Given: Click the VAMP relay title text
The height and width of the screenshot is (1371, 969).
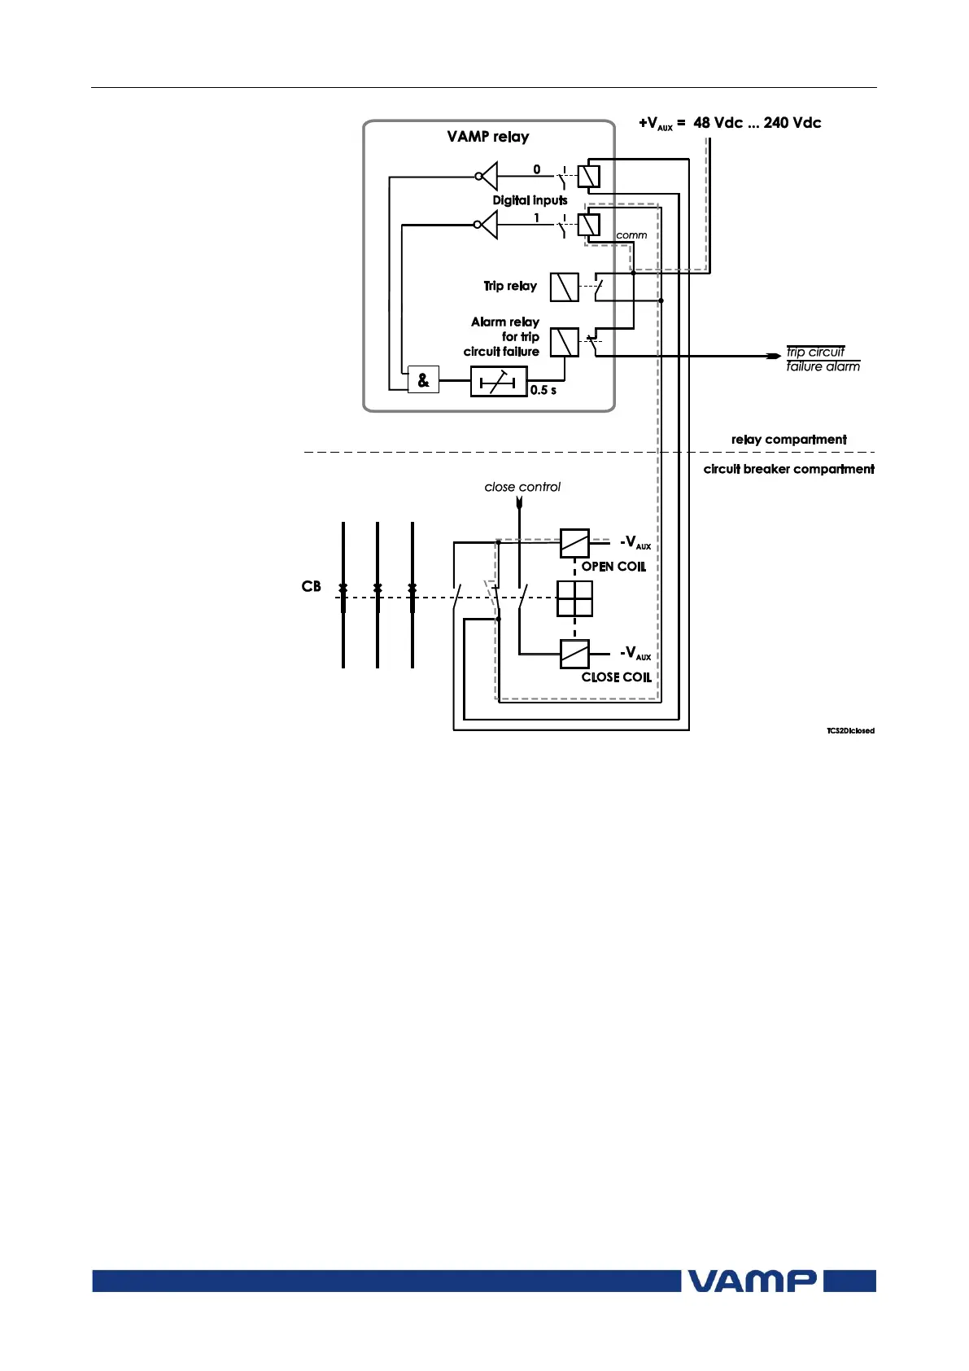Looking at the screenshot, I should (488, 137).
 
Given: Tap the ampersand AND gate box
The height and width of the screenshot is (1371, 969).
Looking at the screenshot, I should (423, 380).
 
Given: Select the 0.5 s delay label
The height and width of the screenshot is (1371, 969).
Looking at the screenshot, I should (543, 391).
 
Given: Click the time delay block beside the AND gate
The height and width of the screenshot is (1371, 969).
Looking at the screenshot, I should (498, 381).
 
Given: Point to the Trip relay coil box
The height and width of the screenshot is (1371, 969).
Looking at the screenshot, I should (565, 287).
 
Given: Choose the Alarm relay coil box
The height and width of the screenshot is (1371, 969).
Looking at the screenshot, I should (565, 342).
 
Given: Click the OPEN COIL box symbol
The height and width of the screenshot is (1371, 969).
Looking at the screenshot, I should (574, 543).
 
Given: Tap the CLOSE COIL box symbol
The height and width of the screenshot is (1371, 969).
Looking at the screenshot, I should (574, 654).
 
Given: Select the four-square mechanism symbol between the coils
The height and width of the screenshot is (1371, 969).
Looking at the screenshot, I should (574, 599).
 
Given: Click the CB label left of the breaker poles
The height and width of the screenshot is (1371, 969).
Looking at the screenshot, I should (312, 587).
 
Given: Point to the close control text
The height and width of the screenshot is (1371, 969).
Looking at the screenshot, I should (522, 488).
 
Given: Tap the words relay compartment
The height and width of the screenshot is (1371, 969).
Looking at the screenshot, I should (788, 440).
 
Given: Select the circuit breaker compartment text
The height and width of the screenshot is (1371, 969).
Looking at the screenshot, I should (788, 470).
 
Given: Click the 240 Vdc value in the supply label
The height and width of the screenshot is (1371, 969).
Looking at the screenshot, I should (792, 123).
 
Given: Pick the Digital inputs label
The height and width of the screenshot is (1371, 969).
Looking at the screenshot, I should (530, 200).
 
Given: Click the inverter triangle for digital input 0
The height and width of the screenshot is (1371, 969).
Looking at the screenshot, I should (488, 175).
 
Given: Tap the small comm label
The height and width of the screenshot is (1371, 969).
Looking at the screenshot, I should (631, 235).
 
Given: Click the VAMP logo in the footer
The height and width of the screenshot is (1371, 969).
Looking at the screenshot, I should (752, 1281).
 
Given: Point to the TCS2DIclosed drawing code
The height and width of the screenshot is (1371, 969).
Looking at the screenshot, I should (850, 731).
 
